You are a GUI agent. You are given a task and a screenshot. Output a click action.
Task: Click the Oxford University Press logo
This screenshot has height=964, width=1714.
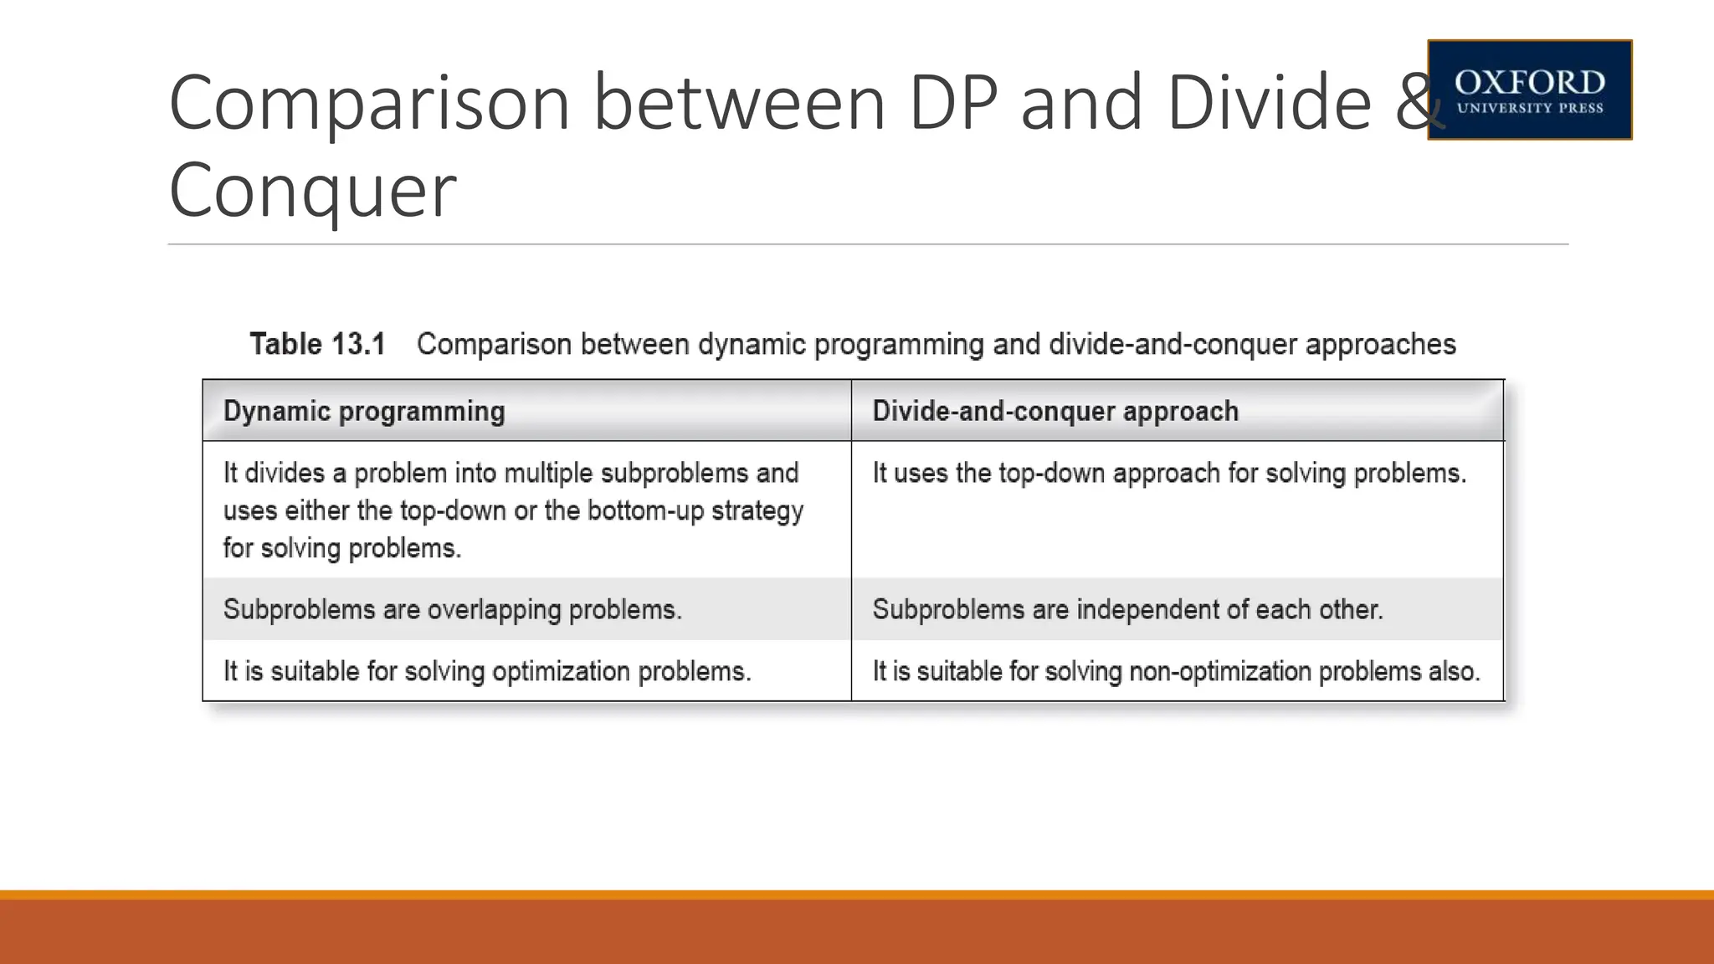(x=1529, y=90)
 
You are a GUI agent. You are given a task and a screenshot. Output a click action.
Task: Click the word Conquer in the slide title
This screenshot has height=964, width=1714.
(x=312, y=190)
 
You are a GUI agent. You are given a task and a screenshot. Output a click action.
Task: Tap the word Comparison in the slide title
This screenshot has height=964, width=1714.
(x=369, y=103)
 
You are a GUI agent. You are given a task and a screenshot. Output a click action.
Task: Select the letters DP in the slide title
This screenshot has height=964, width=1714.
(x=953, y=103)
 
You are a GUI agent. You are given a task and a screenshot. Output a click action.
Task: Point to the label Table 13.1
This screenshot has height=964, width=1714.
(x=317, y=345)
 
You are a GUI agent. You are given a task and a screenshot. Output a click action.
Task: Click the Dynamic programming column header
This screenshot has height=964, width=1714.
(x=364, y=412)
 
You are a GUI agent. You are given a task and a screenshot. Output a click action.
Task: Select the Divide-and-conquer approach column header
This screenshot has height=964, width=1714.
(x=1055, y=412)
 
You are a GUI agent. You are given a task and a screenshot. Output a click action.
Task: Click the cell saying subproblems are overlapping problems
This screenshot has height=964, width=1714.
(x=452, y=609)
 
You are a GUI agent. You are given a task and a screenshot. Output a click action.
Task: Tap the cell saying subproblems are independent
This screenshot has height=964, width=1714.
(x=1126, y=609)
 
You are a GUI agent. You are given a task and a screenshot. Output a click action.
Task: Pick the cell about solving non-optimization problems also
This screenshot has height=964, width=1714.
(x=1176, y=671)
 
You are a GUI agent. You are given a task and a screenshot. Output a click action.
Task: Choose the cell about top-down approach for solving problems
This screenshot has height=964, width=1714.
(x=1168, y=474)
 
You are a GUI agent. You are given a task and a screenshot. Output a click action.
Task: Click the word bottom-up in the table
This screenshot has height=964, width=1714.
(x=645, y=510)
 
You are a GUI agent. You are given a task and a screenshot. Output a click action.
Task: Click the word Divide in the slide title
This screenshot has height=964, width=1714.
(x=1269, y=103)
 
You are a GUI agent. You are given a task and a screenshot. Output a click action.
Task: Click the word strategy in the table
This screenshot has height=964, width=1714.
(x=757, y=510)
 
